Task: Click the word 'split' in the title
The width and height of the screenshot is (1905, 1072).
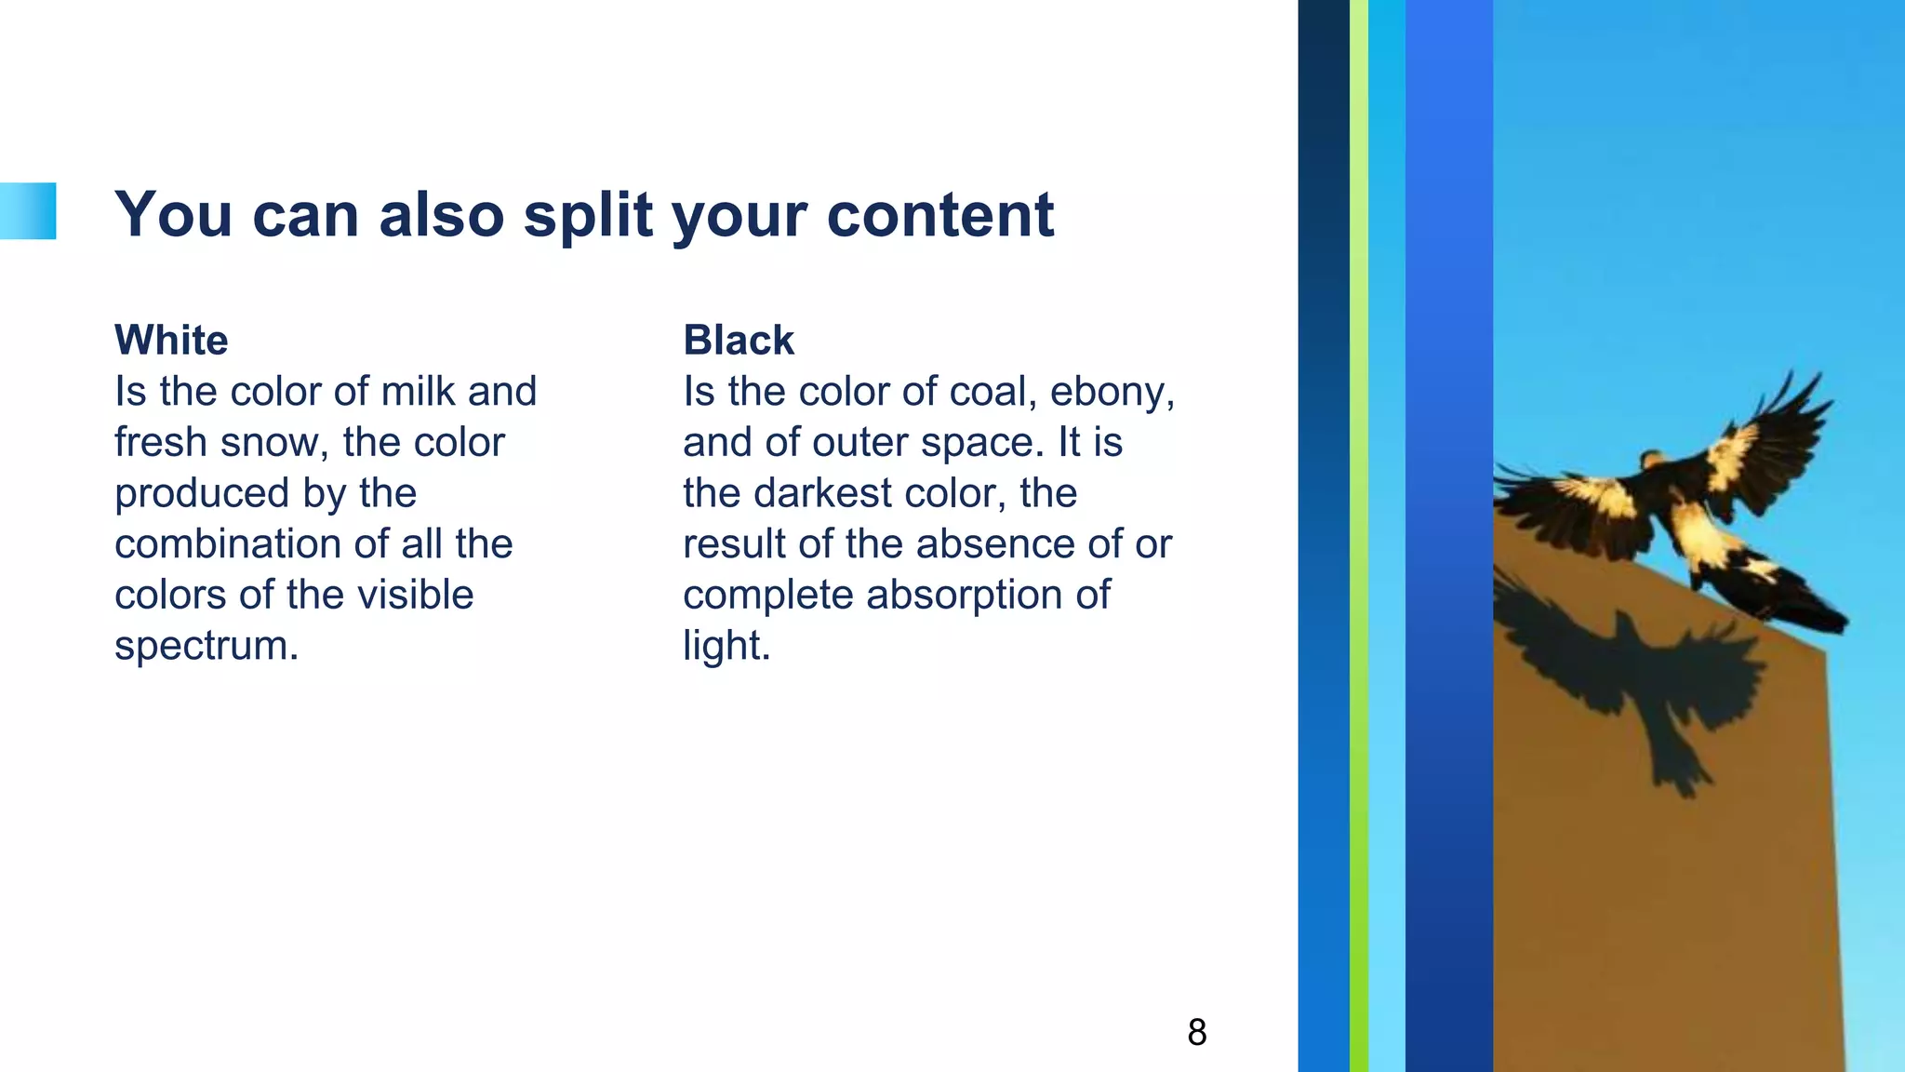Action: (588, 216)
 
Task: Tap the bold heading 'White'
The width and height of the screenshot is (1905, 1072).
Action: (171, 341)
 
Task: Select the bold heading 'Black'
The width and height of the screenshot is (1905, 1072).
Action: (739, 341)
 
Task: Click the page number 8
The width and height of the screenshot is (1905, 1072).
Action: (1197, 1032)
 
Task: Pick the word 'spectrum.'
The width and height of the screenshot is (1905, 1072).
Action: (206, 646)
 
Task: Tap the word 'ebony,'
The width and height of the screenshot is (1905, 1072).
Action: (1112, 392)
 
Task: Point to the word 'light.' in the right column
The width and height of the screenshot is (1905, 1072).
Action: (726, 646)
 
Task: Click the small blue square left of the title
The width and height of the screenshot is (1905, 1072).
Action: (28, 211)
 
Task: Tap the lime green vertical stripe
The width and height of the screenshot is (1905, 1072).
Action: (1358, 536)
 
